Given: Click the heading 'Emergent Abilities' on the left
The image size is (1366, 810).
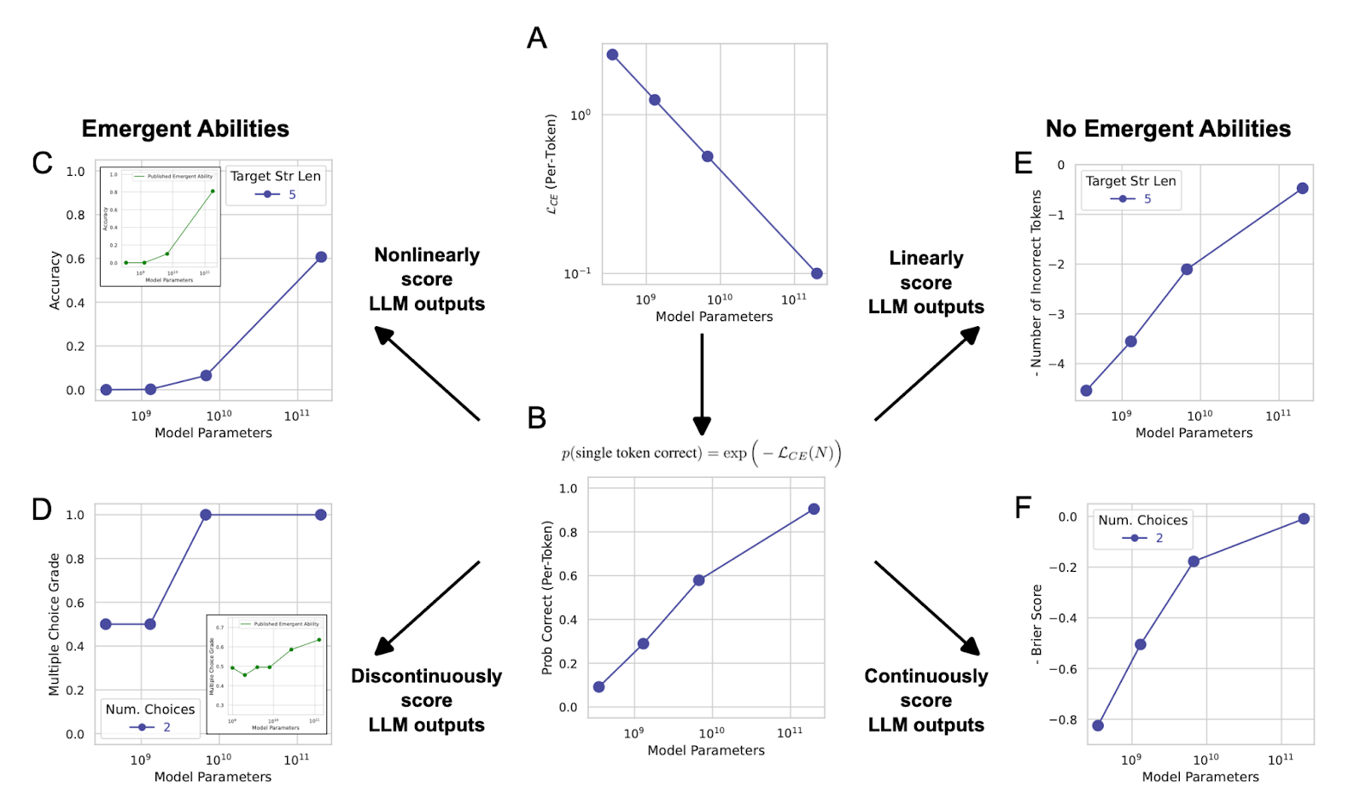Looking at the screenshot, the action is coord(185,129).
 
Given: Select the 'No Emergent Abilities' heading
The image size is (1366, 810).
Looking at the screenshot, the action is coord(1168,129).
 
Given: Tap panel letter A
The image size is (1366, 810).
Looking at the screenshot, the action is coord(537,38).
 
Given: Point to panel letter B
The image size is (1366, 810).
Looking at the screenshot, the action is coord(537,418).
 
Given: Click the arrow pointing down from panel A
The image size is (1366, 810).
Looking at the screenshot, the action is coord(702,384).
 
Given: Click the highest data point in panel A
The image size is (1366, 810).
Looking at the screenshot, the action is coord(612,55).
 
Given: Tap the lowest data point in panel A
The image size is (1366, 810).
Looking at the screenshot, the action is coord(817,273).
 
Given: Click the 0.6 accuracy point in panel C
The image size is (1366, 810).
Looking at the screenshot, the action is coord(321,257).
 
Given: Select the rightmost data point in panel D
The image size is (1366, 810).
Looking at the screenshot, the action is coord(321,515).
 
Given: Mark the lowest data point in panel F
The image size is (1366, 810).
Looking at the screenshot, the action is coord(1098,726).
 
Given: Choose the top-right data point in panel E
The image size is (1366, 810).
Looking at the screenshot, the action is coord(1302,189).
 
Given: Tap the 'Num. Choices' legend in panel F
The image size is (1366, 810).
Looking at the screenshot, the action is coord(1142,528).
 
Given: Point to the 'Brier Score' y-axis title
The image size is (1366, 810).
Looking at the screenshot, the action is coord(1037,621).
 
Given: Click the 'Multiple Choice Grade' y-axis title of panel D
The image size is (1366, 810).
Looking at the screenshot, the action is coord(55,624).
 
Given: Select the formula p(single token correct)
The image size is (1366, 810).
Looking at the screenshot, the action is coord(701,453).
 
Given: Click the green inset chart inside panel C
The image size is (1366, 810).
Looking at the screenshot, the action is coord(161,226).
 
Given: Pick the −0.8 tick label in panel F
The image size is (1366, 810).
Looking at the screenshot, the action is coord(1063,720).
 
